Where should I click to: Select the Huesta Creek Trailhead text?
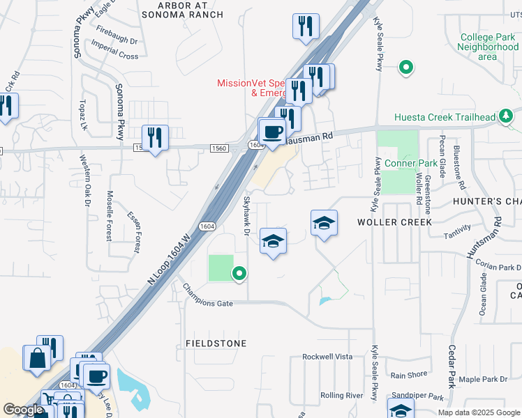pos(445,117)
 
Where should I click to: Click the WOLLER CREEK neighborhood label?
pos(394,222)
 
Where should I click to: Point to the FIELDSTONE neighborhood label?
pos(216,343)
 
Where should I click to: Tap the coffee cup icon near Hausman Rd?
pos(273,130)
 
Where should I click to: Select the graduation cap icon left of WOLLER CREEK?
pos(324,223)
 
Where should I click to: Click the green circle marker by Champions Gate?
pos(239,274)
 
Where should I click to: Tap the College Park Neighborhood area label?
pos(488,47)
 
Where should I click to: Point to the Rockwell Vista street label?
pos(327,356)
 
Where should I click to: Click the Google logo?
pos(23,410)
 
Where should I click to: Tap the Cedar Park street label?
pos(452,364)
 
